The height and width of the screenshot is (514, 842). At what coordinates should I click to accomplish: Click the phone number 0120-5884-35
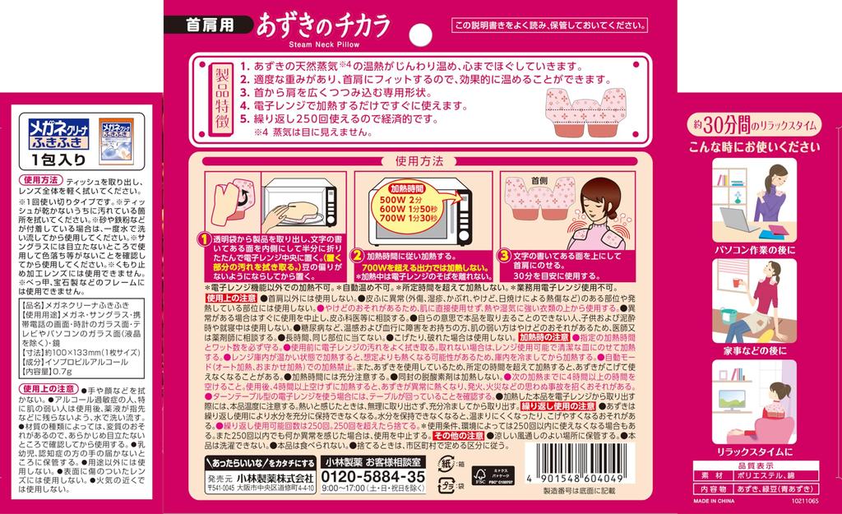[x=372, y=476]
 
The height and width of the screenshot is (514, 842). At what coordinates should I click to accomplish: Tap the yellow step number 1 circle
[x=203, y=238]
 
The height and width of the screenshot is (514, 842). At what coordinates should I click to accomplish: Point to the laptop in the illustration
[x=737, y=217]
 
